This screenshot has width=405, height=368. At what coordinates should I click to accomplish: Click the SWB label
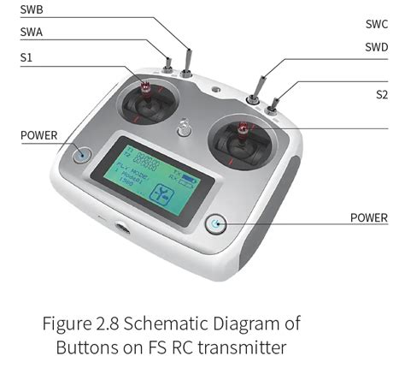[x=32, y=9]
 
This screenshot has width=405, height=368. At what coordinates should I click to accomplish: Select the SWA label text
[x=32, y=33]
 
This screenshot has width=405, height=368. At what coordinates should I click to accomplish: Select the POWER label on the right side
[x=368, y=217]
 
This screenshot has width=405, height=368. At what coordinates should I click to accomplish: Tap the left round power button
[x=82, y=155]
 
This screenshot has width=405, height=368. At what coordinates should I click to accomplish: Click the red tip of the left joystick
[x=145, y=86]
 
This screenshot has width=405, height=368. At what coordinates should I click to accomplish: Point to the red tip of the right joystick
[x=243, y=129]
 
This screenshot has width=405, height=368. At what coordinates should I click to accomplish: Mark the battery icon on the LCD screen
[x=189, y=181]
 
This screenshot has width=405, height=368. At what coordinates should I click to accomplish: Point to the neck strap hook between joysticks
[x=183, y=128]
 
